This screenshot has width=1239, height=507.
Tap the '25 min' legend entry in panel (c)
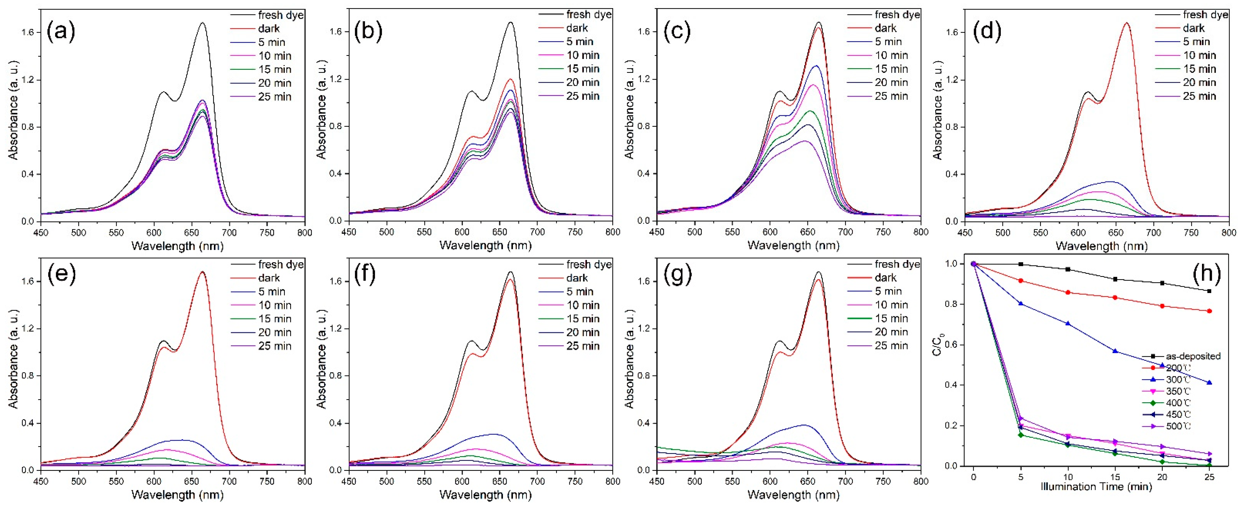point(891,96)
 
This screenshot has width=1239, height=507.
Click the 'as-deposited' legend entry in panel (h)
point(1193,356)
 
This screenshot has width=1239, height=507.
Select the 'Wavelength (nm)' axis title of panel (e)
point(177,495)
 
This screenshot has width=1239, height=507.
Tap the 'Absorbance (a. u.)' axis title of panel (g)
point(629,359)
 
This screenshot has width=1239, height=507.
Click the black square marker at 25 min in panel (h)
point(1209,291)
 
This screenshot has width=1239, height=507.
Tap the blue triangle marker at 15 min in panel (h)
point(1115,351)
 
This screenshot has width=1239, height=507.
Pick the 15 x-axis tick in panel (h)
point(1115,477)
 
